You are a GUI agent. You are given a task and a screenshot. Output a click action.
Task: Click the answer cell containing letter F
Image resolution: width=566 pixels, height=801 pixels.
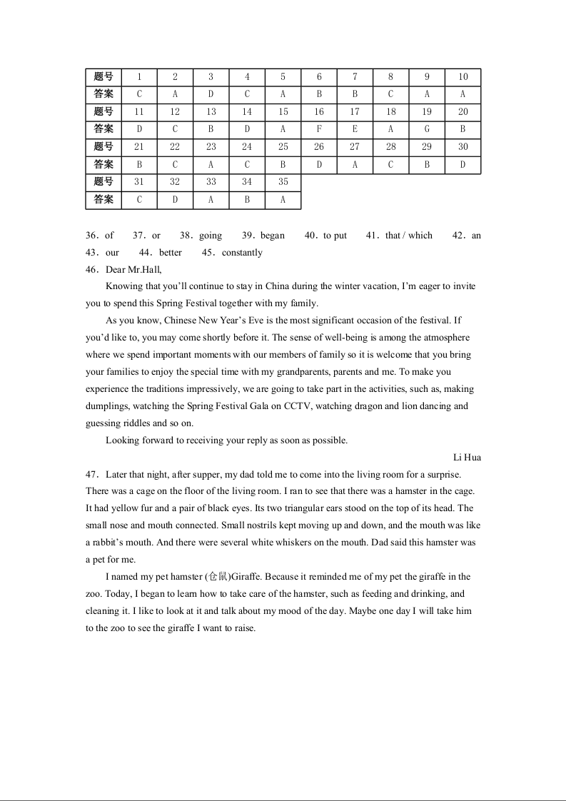pos(319,129)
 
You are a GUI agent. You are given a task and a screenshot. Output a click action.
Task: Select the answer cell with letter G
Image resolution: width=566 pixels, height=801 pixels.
pos(427,129)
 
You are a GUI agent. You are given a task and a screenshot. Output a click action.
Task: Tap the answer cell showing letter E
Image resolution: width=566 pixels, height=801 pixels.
pos(355,129)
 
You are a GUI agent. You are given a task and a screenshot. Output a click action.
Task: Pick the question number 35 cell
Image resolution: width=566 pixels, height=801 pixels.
pos(283,182)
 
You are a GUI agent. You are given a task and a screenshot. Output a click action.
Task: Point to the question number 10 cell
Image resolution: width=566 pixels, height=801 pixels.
pos(463,77)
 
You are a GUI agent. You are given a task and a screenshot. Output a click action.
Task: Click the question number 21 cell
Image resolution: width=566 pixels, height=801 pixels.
pos(139,147)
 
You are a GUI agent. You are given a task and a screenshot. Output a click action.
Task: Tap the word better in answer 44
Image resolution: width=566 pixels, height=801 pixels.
pos(171,253)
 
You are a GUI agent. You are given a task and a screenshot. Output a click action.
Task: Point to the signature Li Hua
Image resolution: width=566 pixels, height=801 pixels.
pos(467,458)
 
